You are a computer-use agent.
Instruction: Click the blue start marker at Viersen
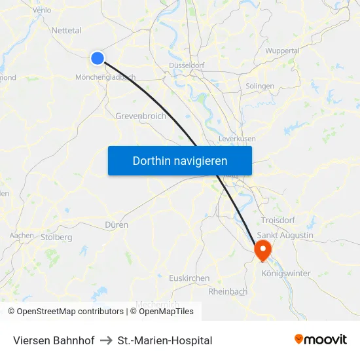[98, 58]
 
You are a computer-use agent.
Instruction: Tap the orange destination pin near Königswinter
[262, 248]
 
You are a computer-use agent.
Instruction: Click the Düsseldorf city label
[187, 65]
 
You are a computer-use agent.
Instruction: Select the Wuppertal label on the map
[283, 50]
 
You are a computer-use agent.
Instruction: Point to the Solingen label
[260, 86]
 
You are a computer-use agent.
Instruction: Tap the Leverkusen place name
[237, 139]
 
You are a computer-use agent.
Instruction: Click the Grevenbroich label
[140, 116]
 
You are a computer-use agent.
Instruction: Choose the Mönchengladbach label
[105, 77]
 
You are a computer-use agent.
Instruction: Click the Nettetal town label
[66, 30]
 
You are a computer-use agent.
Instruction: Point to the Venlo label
[41, 10]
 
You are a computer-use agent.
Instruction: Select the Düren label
[116, 224]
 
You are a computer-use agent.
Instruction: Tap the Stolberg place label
[56, 237]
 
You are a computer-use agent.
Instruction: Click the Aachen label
[22, 235]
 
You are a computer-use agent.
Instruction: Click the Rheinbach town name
[228, 291]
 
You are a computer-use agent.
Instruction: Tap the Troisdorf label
[279, 220]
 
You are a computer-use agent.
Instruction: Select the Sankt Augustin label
[285, 235]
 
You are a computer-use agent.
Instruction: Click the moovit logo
[320, 339]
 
